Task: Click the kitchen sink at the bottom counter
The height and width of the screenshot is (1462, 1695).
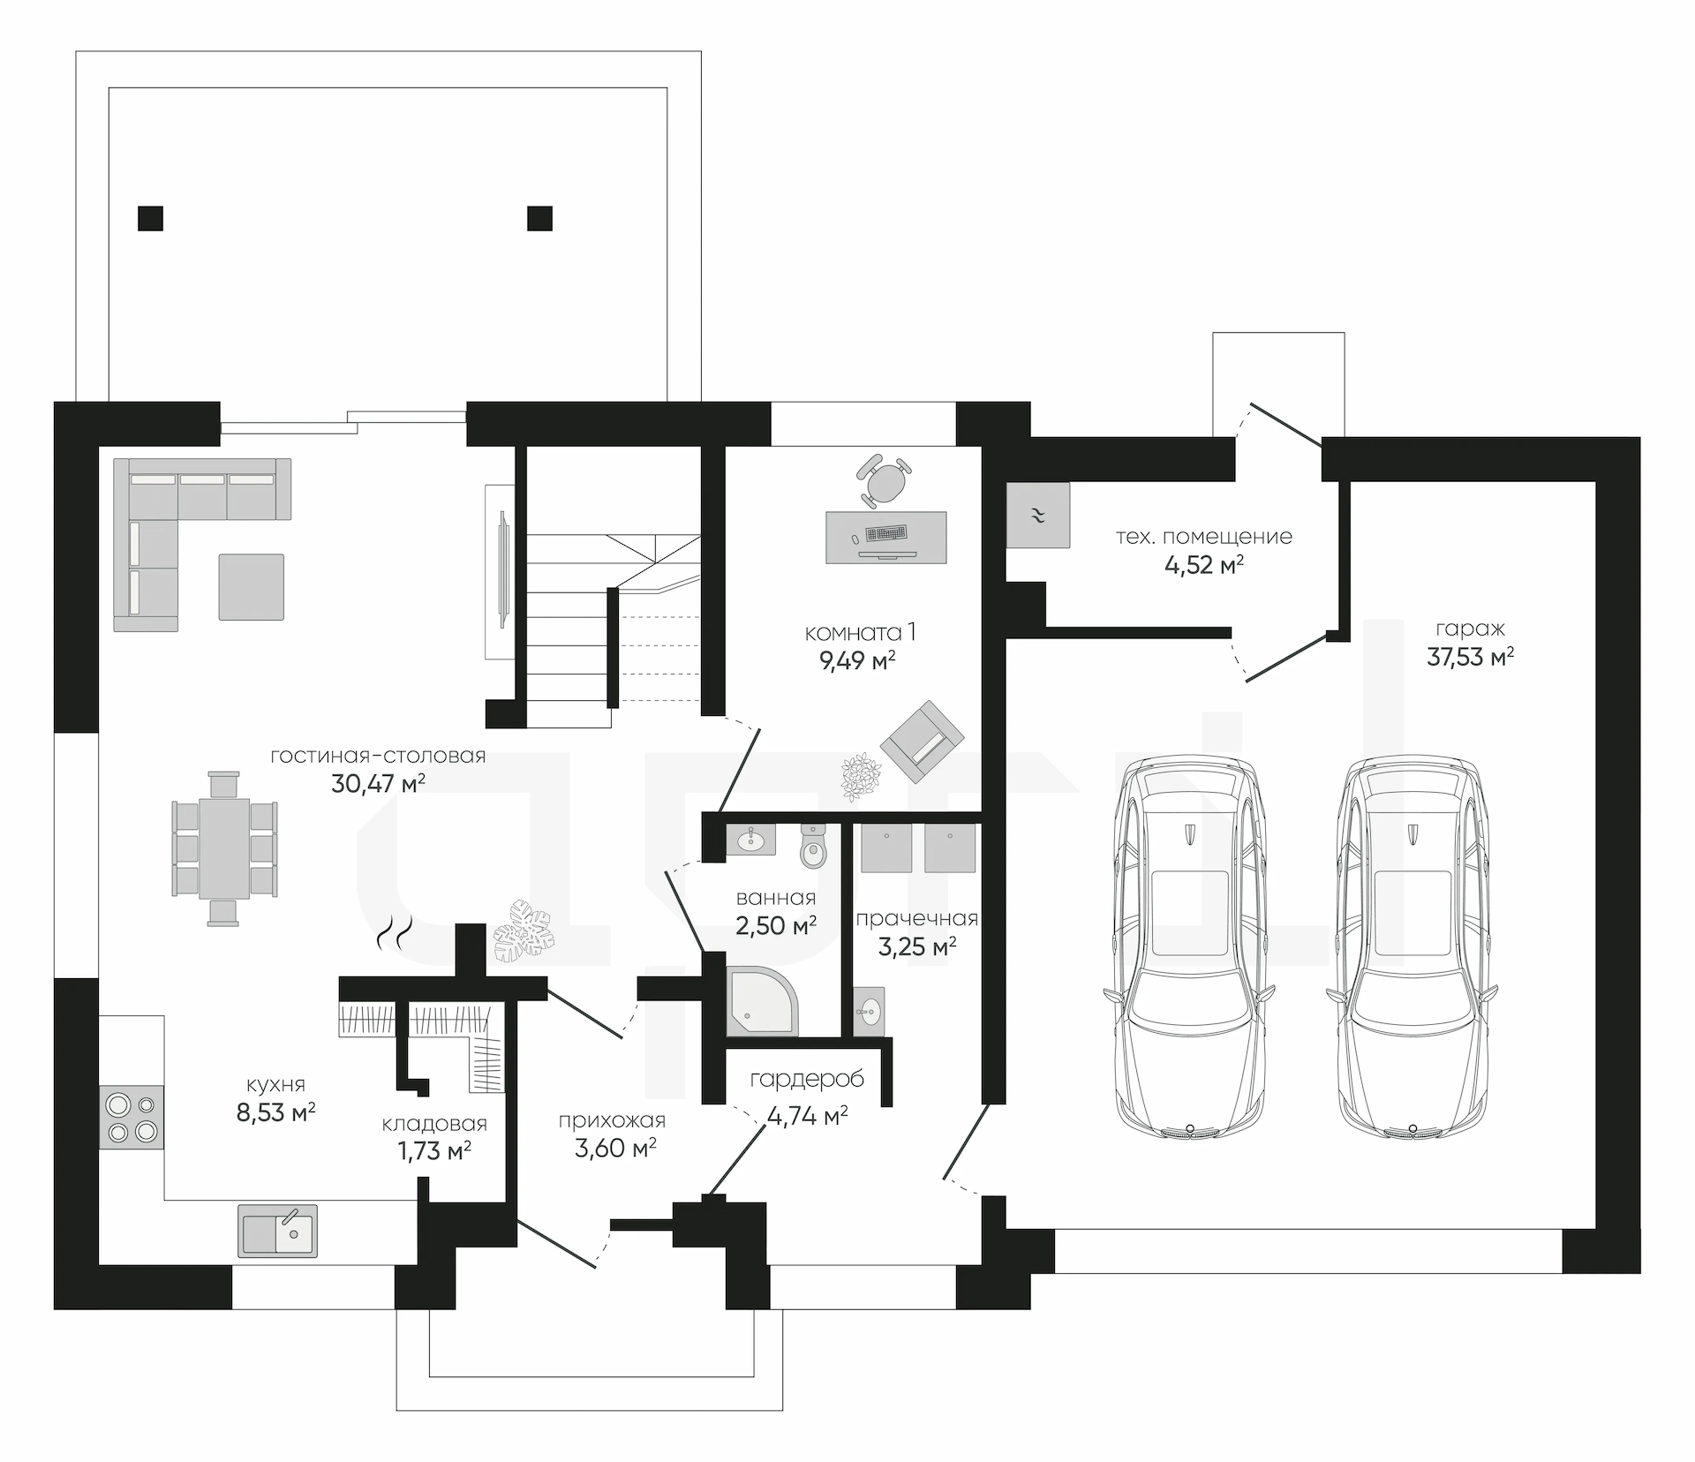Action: coord(277,1230)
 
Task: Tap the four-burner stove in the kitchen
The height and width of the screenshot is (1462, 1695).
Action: coord(132,1117)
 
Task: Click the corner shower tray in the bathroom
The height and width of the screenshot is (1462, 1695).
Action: coord(762,1001)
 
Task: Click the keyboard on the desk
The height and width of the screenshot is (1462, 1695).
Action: coord(886,533)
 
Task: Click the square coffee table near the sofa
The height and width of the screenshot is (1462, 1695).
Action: coord(252,587)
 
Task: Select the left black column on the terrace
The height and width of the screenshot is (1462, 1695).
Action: coord(151,217)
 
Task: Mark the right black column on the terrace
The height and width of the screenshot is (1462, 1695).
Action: coord(540,217)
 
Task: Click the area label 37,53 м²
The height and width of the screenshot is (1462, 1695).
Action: coord(1471,657)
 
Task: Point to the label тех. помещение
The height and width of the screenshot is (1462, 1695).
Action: coord(1204,537)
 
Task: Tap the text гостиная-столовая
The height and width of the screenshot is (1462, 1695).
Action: coord(378,756)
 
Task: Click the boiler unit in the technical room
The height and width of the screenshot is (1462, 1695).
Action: coord(1038,515)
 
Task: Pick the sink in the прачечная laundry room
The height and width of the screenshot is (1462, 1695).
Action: coord(870,1010)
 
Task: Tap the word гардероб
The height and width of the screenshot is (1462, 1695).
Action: coord(807,1079)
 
